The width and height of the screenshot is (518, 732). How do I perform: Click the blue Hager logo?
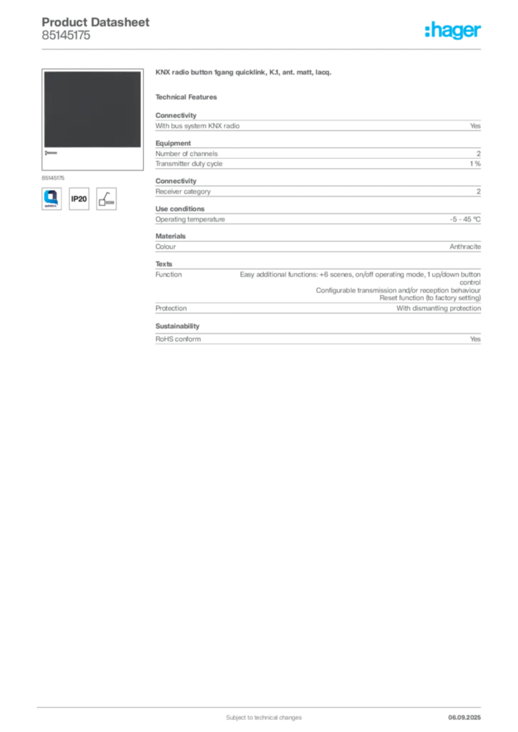(x=454, y=31)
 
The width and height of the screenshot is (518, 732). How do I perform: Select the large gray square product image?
(x=92, y=109)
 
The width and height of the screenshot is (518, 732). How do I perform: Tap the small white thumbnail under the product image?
(x=53, y=154)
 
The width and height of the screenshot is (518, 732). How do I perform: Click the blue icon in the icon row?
(x=51, y=198)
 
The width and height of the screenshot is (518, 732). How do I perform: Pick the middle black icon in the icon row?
(x=79, y=199)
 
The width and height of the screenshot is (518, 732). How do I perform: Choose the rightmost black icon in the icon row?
(x=107, y=198)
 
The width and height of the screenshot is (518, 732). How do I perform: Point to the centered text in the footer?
(x=255, y=713)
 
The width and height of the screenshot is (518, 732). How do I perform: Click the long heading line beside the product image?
(x=245, y=74)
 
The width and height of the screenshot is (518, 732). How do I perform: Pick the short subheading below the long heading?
(x=189, y=97)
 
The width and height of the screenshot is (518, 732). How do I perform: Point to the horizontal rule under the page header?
(x=263, y=49)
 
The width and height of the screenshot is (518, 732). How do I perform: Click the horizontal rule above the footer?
(x=263, y=705)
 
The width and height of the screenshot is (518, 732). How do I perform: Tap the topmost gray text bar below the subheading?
(x=318, y=125)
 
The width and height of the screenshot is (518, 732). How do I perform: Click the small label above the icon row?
(x=54, y=176)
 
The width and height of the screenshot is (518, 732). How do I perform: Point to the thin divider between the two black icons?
(x=93, y=198)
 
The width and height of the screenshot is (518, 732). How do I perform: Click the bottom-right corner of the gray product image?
(x=140, y=147)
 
